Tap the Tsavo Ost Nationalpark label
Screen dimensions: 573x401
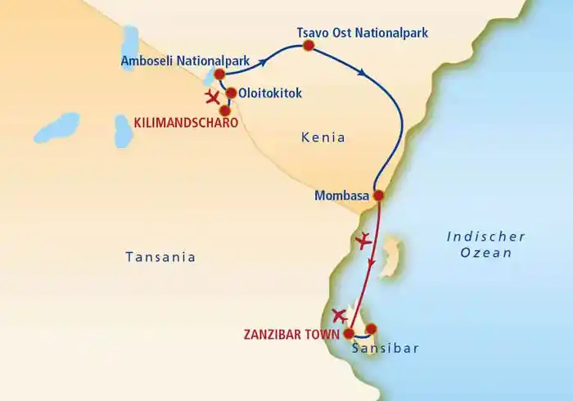(x=362, y=34)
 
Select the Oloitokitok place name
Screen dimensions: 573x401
(x=269, y=93)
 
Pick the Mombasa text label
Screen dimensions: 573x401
(x=341, y=196)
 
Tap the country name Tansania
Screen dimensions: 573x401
(x=160, y=257)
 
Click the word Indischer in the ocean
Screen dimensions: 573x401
(x=485, y=237)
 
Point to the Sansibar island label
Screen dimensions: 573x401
(x=385, y=348)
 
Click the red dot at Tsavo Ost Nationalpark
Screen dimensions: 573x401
(x=309, y=47)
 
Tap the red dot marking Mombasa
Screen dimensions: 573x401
(x=378, y=196)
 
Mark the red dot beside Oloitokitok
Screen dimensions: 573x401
(x=232, y=93)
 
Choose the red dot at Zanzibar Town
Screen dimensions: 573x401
(x=349, y=334)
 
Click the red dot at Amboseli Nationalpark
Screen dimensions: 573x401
(x=219, y=74)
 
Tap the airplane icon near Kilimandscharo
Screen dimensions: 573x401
(x=214, y=98)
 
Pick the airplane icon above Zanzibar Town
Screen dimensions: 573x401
(x=341, y=314)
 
